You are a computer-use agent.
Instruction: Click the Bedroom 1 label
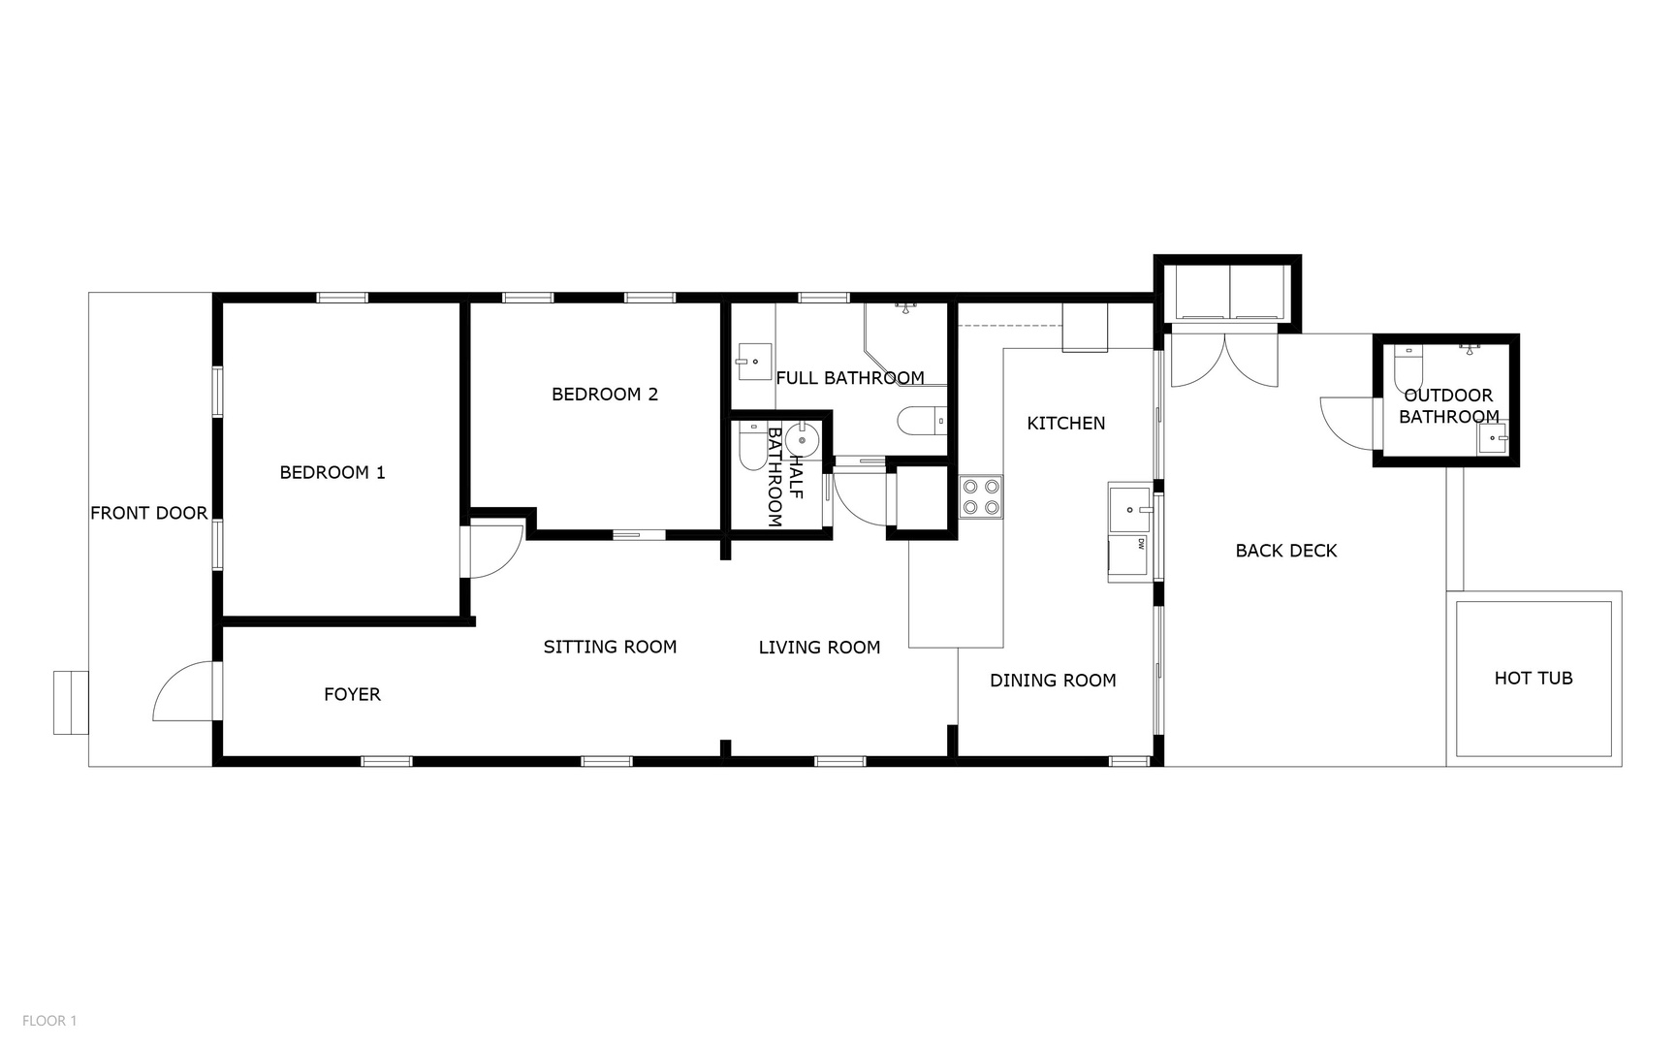pos(332,473)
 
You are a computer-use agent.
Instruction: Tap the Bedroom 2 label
pos(605,395)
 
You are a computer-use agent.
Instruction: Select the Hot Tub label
pos(1534,679)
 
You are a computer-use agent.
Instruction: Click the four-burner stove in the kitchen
pos(981,497)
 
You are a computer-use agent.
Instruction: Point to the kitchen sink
pos(1130,509)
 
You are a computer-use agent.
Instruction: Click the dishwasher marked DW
pos(1130,557)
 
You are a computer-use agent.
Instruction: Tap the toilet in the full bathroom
pos(921,421)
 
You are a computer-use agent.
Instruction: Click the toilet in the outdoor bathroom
pos(1407,366)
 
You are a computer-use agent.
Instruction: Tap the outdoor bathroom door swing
pos(1347,423)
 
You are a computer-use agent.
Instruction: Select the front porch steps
pos(71,702)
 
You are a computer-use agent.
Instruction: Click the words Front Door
pos(148,514)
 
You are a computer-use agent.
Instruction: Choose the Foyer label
pos(352,695)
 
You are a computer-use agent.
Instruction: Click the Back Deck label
pos(1286,552)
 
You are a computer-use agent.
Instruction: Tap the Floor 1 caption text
pos(49,1021)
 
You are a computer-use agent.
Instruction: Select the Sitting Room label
pos(610,648)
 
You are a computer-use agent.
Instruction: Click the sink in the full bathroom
pos(754,362)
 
